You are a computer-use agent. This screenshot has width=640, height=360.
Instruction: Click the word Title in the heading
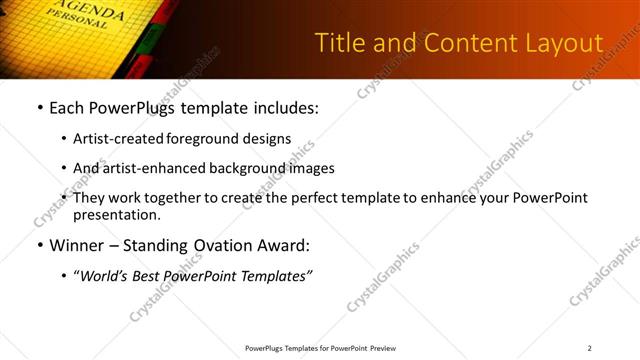pyautogui.click(x=338, y=43)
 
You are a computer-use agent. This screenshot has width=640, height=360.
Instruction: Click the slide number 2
pyautogui.click(x=589, y=348)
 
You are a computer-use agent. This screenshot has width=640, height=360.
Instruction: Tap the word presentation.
pyautogui.click(x=116, y=214)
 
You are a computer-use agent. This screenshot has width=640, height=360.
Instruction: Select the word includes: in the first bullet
pyautogui.click(x=283, y=107)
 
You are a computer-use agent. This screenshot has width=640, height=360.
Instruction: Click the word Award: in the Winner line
pyautogui.click(x=286, y=245)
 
